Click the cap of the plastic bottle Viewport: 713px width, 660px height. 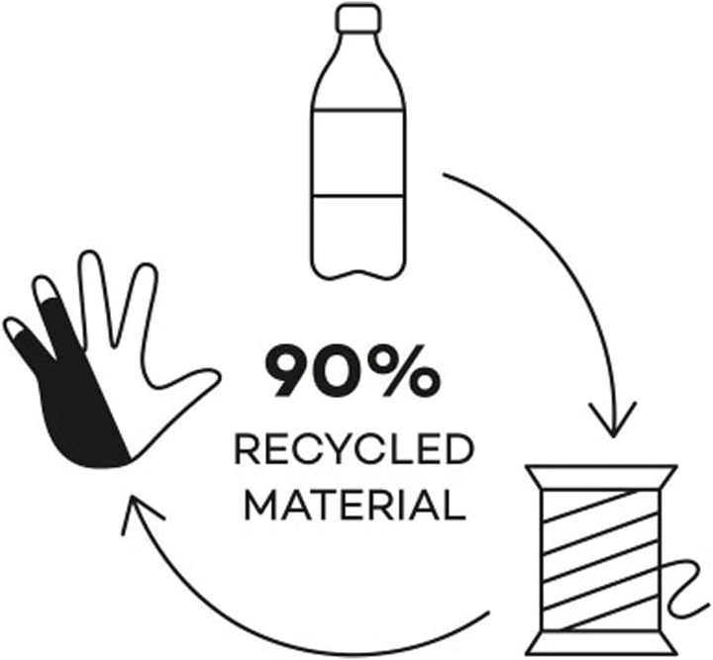(x=358, y=17)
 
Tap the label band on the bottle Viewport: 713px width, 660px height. (x=357, y=152)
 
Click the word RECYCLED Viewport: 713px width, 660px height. (x=355, y=449)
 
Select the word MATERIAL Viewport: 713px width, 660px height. (x=356, y=505)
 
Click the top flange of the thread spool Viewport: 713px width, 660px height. (x=601, y=477)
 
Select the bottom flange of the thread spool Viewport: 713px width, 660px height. (x=601, y=643)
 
